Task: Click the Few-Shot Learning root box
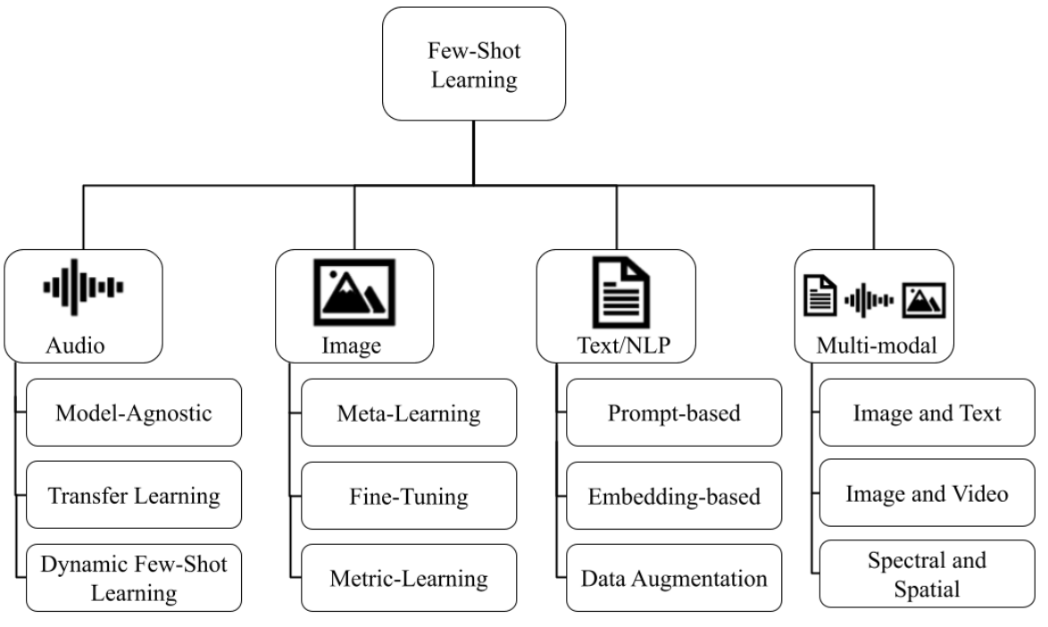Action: tap(474, 63)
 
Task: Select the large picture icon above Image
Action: tap(354, 293)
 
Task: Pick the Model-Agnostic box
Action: tap(134, 412)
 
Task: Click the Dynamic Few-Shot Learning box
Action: tap(134, 577)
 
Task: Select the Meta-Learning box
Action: tap(409, 412)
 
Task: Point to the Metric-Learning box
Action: tap(409, 577)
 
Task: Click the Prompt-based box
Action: tap(675, 412)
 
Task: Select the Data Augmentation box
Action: tap(675, 577)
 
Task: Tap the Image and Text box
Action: tap(927, 412)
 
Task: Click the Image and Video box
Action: tap(927, 494)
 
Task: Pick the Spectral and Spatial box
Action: tap(927, 573)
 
